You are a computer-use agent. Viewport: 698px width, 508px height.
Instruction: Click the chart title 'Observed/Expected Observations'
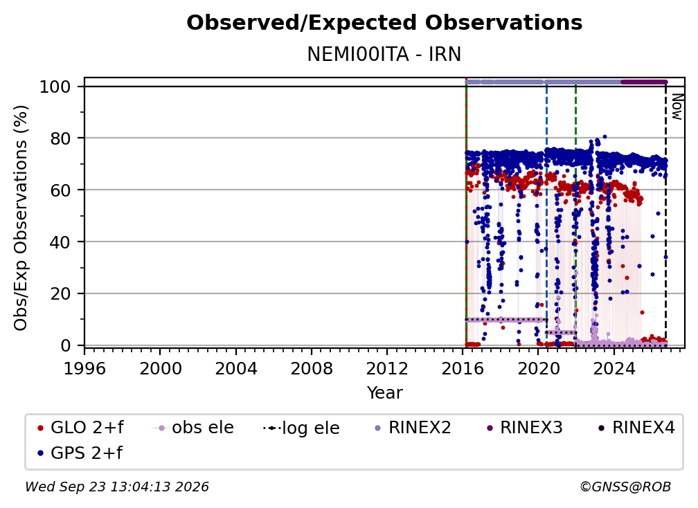pyautogui.click(x=384, y=23)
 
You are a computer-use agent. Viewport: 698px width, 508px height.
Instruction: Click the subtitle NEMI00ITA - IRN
pyautogui.click(x=384, y=54)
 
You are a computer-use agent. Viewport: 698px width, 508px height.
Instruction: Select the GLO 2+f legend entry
pyautogui.click(x=80, y=428)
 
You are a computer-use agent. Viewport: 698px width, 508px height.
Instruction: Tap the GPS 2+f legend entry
pyautogui.click(x=80, y=453)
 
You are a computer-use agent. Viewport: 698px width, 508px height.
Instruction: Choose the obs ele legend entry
pyautogui.click(x=193, y=428)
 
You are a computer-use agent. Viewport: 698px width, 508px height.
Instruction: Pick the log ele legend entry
pyautogui.click(x=301, y=428)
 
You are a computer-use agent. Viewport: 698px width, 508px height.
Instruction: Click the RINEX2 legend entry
pyautogui.click(x=413, y=428)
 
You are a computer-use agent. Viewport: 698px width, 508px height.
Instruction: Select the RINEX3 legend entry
pyautogui.click(x=524, y=428)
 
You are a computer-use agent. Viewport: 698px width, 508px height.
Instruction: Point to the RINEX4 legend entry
pyautogui.click(x=636, y=428)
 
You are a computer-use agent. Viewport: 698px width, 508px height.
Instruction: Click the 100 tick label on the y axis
pyautogui.click(x=55, y=87)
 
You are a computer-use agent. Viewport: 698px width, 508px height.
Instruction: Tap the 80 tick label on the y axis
pyautogui.click(x=60, y=138)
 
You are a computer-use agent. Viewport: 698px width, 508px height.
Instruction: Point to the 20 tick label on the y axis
pyautogui.click(x=60, y=293)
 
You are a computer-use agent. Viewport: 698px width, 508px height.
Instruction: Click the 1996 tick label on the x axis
pyautogui.click(x=84, y=369)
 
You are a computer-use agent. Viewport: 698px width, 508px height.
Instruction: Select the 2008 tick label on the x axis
pyautogui.click(x=311, y=369)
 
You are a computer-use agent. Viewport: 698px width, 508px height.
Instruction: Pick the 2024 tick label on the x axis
pyautogui.click(x=614, y=369)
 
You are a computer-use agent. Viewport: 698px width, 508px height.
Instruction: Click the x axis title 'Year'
pyautogui.click(x=384, y=393)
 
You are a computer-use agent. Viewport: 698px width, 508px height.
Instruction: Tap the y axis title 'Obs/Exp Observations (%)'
pyautogui.click(x=21, y=218)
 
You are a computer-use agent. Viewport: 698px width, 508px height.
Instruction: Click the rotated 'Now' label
pyautogui.click(x=677, y=107)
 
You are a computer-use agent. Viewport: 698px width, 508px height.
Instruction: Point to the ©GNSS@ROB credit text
pyautogui.click(x=625, y=487)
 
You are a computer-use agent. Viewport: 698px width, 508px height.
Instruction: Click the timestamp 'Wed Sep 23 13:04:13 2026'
pyautogui.click(x=116, y=487)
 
